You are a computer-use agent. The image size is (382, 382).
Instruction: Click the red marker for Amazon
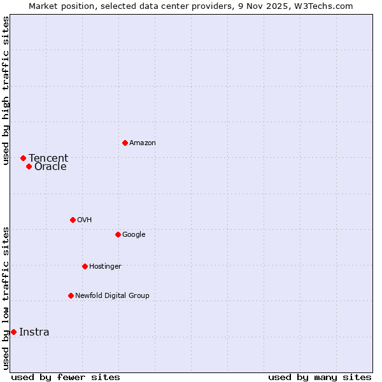pos(125,143)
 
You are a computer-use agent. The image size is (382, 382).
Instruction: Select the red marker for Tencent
pos(23,158)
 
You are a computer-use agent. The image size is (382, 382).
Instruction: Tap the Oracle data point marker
pos(29,167)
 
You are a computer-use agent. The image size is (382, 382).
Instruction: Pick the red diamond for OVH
pos(73,220)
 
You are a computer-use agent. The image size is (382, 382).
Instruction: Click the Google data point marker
pos(118,234)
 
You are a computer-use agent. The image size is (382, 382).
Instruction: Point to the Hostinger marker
pos(85,266)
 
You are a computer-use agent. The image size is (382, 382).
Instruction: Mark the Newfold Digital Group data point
pos(71,295)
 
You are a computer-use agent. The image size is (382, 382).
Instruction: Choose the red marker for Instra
pos(13,332)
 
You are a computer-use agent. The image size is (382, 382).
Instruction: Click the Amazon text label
pos(143,143)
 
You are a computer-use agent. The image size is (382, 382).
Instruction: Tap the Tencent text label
pos(48,159)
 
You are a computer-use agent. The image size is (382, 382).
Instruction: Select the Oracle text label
pos(50,167)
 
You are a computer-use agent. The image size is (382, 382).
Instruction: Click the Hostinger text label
pos(105,266)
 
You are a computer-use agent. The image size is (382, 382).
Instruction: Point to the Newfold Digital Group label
pos(112,295)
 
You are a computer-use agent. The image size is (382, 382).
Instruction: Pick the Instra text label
pos(34,332)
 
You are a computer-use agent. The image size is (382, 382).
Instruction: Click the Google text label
pos(134,235)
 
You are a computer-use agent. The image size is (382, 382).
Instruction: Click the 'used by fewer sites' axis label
pos(66,377)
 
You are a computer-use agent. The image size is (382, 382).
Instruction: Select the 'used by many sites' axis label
pos(320,377)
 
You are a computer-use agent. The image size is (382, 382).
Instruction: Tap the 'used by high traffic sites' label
pos(6,90)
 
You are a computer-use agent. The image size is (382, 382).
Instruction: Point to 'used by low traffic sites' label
pos(6,298)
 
